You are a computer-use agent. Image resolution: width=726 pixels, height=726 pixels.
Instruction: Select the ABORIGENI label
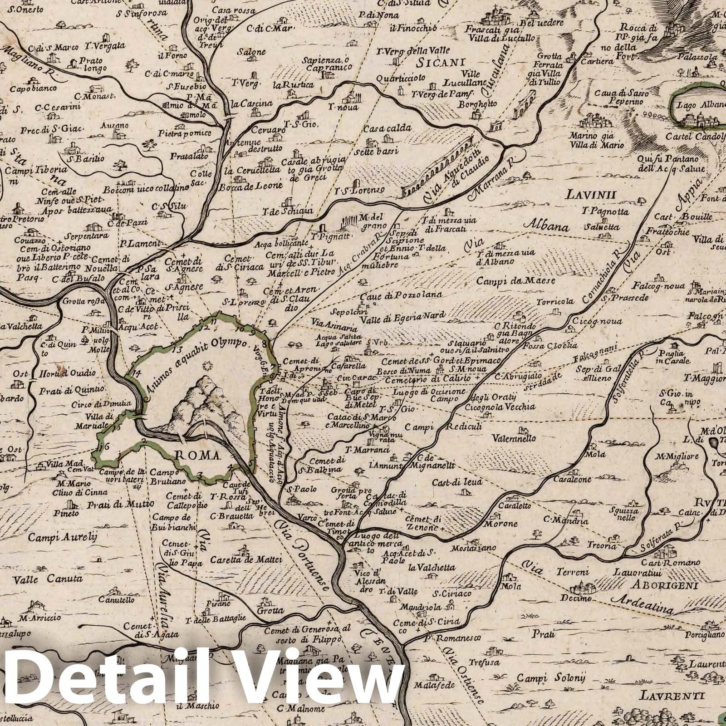(663, 585)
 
